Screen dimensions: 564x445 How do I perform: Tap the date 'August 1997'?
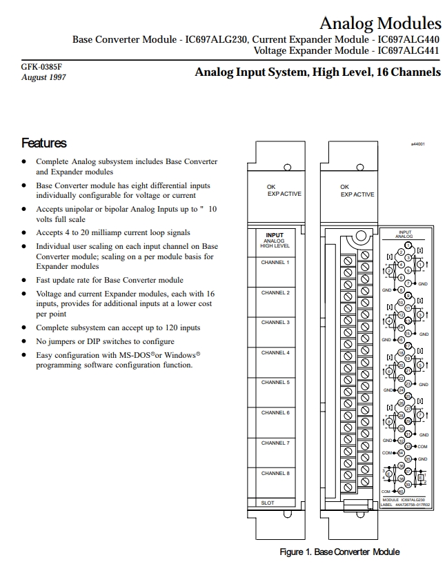pyautogui.click(x=43, y=77)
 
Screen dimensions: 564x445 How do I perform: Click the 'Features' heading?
pyautogui.click(x=44, y=143)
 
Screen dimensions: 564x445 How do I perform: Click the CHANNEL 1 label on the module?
pyautogui.click(x=275, y=263)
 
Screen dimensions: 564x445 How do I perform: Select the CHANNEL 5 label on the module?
pyautogui.click(x=275, y=382)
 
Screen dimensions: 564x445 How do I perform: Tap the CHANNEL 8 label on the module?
pyautogui.click(x=275, y=473)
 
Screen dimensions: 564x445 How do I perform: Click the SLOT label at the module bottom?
pyautogui.click(x=268, y=503)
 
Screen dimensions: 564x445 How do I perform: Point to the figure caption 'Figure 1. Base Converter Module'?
pyautogui.click(x=339, y=552)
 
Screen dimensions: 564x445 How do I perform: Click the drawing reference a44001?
pyautogui.click(x=417, y=145)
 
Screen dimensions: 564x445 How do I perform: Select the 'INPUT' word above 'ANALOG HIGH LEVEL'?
pyautogui.click(x=275, y=235)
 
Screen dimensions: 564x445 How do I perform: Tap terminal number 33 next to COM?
pyautogui.click(x=408, y=446)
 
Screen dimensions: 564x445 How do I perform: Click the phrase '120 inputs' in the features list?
pyautogui.click(x=181, y=328)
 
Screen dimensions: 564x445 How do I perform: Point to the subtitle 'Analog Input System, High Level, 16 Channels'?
pyautogui.click(x=317, y=72)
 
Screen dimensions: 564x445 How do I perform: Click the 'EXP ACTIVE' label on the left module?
pyautogui.click(x=284, y=194)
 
